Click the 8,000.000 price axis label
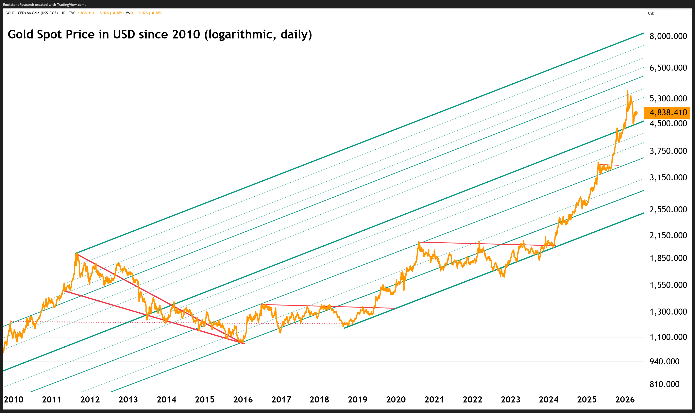(668, 36)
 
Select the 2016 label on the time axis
(243, 400)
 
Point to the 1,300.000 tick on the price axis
(668, 312)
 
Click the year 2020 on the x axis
(396, 400)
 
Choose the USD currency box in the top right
(667, 13)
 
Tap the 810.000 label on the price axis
(664, 384)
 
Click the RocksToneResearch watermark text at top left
(44, 4)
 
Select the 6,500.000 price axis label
(668, 68)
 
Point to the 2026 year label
(625, 400)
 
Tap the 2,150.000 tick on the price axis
(668, 235)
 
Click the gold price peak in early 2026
(627, 91)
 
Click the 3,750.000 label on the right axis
(668, 151)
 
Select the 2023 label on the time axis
(511, 400)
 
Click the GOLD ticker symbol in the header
(10, 13)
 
